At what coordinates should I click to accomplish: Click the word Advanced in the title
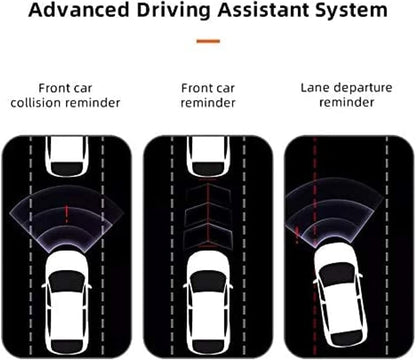coord(79,10)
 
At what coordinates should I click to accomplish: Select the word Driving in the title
coord(173,11)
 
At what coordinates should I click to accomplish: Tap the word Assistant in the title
coord(263,10)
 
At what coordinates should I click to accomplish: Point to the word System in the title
coord(351,11)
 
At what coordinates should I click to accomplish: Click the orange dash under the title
coord(208,41)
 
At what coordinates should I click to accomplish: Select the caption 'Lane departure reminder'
coord(347,95)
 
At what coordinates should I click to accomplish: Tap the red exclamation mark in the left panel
coord(67,214)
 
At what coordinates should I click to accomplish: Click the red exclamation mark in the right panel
coord(297,235)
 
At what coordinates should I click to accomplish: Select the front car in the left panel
coord(67,156)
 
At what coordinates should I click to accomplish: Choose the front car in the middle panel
coord(208,156)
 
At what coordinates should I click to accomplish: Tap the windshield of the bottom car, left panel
coord(67,282)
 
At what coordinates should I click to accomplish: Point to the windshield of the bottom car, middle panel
coord(208,282)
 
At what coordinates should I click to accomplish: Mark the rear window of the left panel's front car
coord(67,168)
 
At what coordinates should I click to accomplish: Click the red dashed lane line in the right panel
coord(315,247)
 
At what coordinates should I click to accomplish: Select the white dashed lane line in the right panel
coord(387,247)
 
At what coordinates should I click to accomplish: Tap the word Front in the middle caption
coord(194,88)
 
